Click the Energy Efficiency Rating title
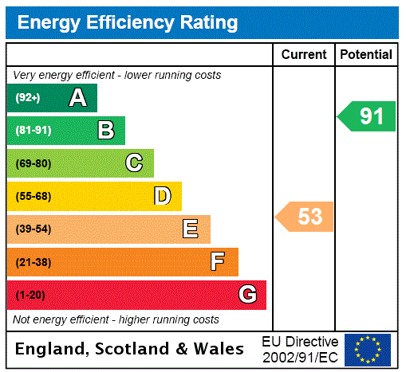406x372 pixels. (x=128, y=23)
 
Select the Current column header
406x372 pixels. (x=304, y=55)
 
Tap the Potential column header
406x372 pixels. (x=366, y=55)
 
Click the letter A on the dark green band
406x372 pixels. (x=77, y=98)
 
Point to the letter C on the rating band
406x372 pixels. (x=134, y=163)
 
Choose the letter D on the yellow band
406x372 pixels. (x=162, y=196)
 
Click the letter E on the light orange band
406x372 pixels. (x=191, y=229)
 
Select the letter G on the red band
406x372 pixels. (x=247, y=295)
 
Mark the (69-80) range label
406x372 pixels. (x=33, y=163)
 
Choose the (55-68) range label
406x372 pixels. (x=33, y=196)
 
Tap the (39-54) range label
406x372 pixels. (x=33, y=229)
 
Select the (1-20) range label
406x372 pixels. (x=30, y=295)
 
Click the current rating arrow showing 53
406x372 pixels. (x=306, y=217)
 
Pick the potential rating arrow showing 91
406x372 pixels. (x=368, y=116)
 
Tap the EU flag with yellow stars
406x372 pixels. (x=368, y=350)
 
